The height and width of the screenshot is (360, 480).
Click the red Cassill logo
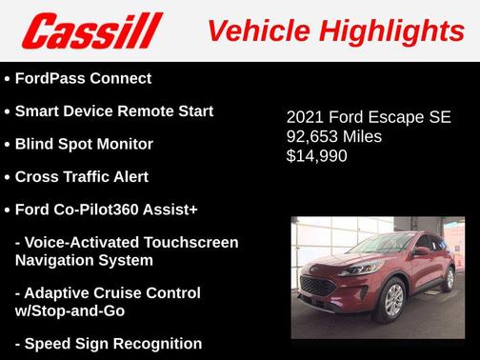(x=92, y=31)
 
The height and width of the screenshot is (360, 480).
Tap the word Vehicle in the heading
(x=257, y=31)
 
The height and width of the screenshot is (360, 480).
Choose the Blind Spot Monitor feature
(x=84, y=144)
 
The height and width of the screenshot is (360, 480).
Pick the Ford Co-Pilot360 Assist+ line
(x=106, y=210)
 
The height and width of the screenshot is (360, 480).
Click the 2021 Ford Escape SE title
(x=369, y=119)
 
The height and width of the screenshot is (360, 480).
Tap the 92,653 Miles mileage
(x=333, y=137)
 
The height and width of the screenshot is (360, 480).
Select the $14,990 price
(x=316, y=155)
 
